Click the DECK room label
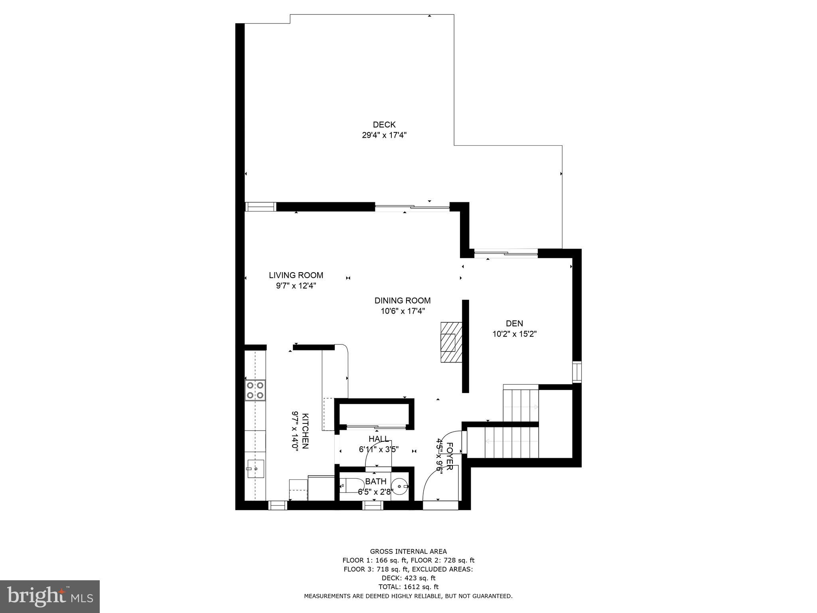(x=384, y=125)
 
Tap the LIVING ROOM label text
(x=296, y=275)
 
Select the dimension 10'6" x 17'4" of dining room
(x=403, y=311)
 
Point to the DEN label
(x=514, y=324)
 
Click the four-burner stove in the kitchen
(x=255, y=390)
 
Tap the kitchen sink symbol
(x=255, y=469)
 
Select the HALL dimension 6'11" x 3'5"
(x=379, y=450)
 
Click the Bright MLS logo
(x=50, y=597)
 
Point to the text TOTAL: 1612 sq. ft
(x=408, y=587)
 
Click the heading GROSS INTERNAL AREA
(x=408, y=552)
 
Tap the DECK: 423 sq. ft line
(x=408, y=578)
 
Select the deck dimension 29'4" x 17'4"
(x=384, y=135)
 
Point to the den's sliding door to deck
(x=506, y=253)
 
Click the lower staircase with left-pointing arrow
(x=502, y=442)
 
